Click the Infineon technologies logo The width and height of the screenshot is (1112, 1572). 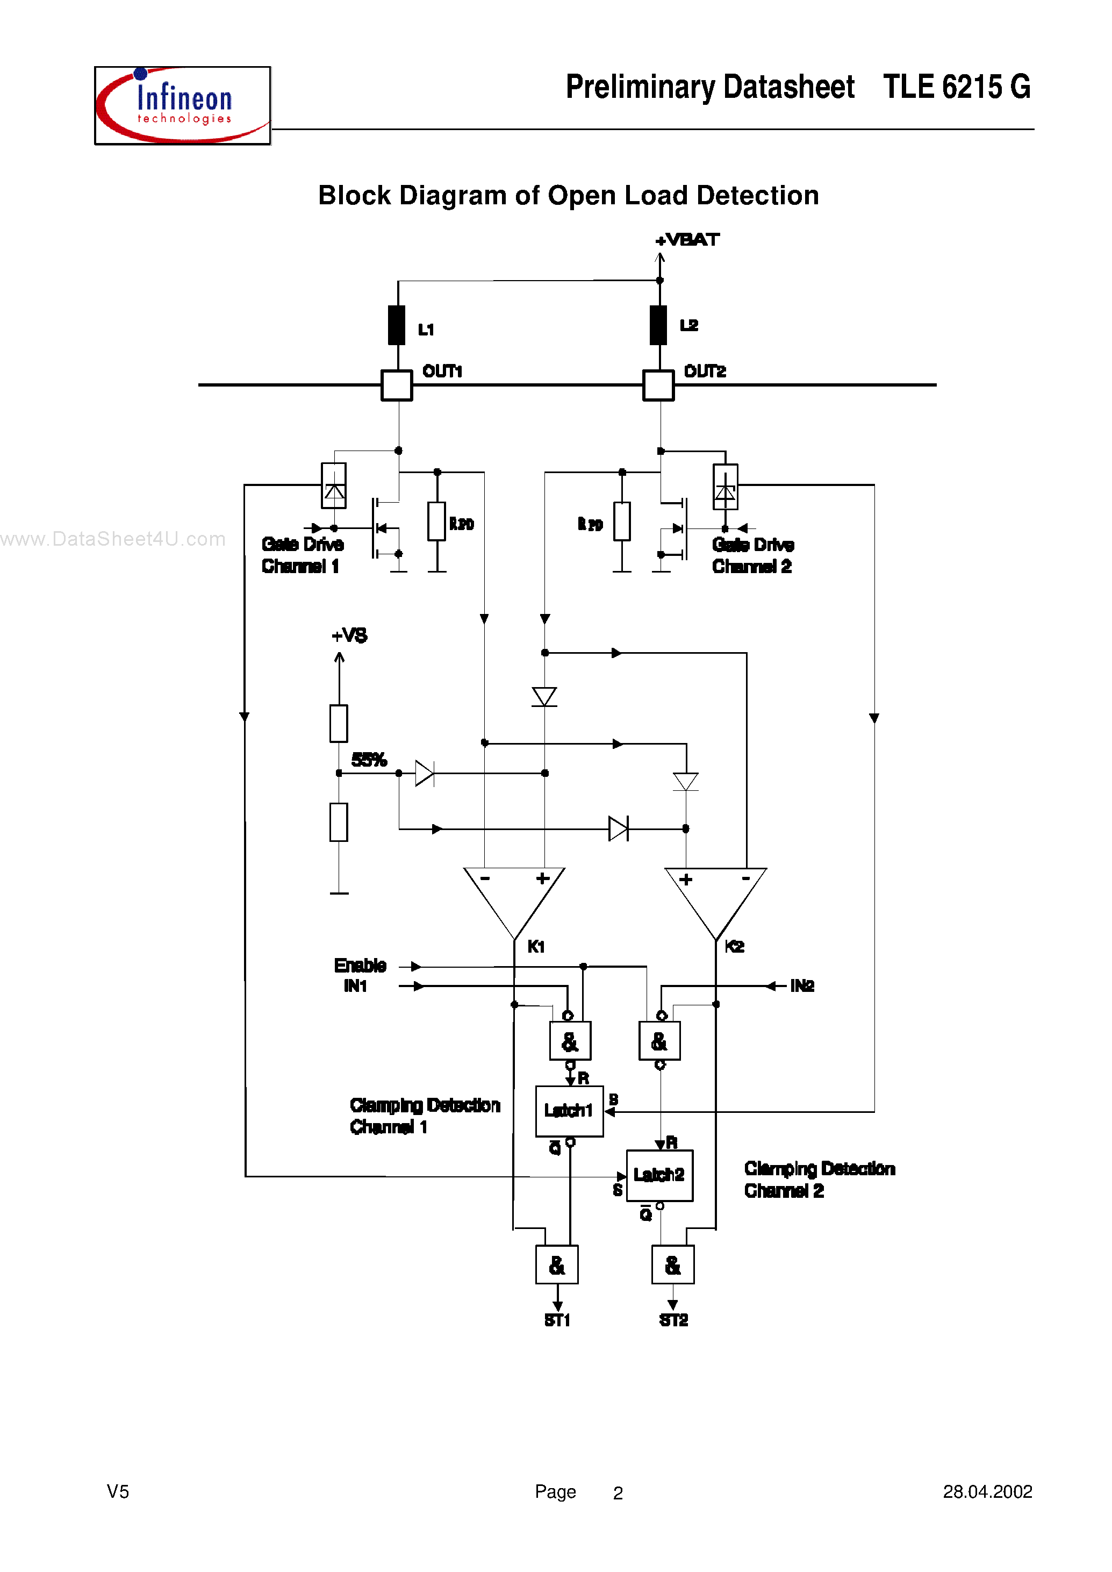coord(182,105)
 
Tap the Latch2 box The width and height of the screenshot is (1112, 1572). coord(659,1175)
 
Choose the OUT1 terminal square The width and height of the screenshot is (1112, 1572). coord(397,385)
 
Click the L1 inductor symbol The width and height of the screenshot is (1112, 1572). coord(397,325)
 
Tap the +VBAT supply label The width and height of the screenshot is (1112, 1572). coord(687,240)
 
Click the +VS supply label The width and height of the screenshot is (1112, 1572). coord(349,635)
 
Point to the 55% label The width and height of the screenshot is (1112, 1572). coord(369,759)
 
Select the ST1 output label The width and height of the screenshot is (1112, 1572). coord(557,1320)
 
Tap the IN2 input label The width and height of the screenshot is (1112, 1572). coord(802,985)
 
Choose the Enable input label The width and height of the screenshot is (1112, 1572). coord(360,965)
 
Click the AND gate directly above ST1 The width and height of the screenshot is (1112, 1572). coord(557,1264)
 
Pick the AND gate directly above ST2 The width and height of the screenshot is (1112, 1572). coord(673,1264)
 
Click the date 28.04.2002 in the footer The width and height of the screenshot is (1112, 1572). coord(987,1492)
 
